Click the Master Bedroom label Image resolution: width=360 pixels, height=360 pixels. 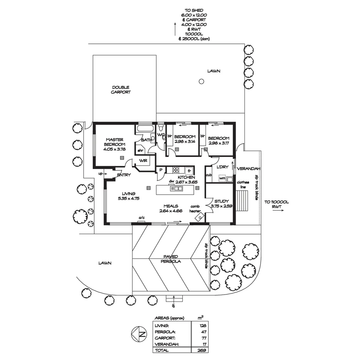[x=114, y=142]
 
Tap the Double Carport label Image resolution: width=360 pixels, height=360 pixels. [x=121, y=90]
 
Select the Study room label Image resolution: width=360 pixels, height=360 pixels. [x=221, y=201]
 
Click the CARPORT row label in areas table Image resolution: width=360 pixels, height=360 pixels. [x=163, y=338]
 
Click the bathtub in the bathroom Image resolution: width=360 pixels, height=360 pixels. [x=145, y=129]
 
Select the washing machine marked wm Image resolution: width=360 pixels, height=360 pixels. [x=222, y=179]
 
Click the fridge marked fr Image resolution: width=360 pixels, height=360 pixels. [x=189, y=170]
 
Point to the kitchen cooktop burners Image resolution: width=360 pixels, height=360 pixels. [x=176, y=170]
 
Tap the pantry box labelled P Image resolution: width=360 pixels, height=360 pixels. [x=161, y=170]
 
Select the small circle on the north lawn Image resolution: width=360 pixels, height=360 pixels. [x=201, y=81]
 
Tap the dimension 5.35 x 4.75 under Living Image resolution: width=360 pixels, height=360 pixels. [x=128, y=198]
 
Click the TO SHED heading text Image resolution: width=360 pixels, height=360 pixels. [x=194, y=10]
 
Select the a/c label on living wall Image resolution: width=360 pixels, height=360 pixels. [x=142, y=218]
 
